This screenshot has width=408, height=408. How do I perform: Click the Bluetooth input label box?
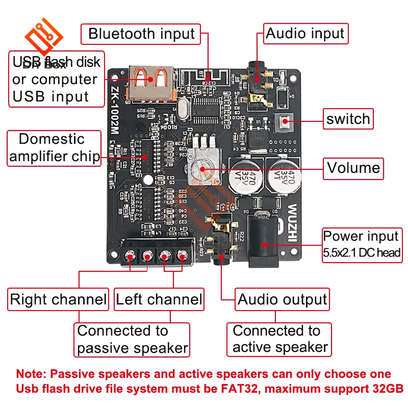(141, 34)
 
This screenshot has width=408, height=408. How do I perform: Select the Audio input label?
(305, 34)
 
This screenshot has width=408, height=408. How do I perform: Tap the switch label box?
(348, 119)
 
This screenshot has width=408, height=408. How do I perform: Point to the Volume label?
(353, 168)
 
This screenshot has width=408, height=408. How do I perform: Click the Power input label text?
(361, 237)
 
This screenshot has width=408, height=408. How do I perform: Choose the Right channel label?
(58, 299)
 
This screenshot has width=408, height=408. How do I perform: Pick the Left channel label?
(159, 299)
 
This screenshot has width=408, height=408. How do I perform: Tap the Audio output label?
(282, 299)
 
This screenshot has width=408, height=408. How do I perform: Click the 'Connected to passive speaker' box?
(133, 340)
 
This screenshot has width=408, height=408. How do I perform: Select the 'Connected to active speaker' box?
(279, 340)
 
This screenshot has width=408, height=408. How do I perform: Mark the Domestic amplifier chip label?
(55, 148)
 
